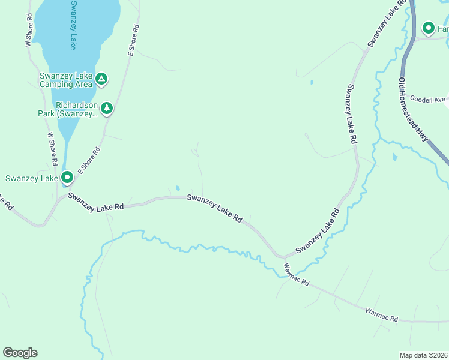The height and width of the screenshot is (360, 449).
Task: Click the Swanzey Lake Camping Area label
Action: (66, 80)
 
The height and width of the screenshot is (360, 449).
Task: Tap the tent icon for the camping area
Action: (102, 79)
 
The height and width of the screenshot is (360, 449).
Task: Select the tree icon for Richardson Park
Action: (107, 108)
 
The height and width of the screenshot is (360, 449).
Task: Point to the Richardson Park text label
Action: (76, 109)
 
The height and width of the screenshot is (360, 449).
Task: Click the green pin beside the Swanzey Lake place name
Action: (67, 178)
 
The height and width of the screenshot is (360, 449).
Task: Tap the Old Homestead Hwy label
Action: (412, 109)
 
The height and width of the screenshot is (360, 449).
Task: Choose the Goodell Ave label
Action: (427, 99)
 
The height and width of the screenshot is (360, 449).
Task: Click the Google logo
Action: (20, 353)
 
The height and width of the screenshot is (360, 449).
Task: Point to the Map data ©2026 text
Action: (423, 355)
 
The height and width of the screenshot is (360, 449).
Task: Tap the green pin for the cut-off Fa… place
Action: (429, 28)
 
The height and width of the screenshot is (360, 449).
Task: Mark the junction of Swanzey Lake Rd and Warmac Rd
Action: (280, 257)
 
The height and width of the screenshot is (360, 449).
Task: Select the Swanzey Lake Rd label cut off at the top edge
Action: (384, 25)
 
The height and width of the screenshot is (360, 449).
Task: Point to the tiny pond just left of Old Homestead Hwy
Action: (394, 157)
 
